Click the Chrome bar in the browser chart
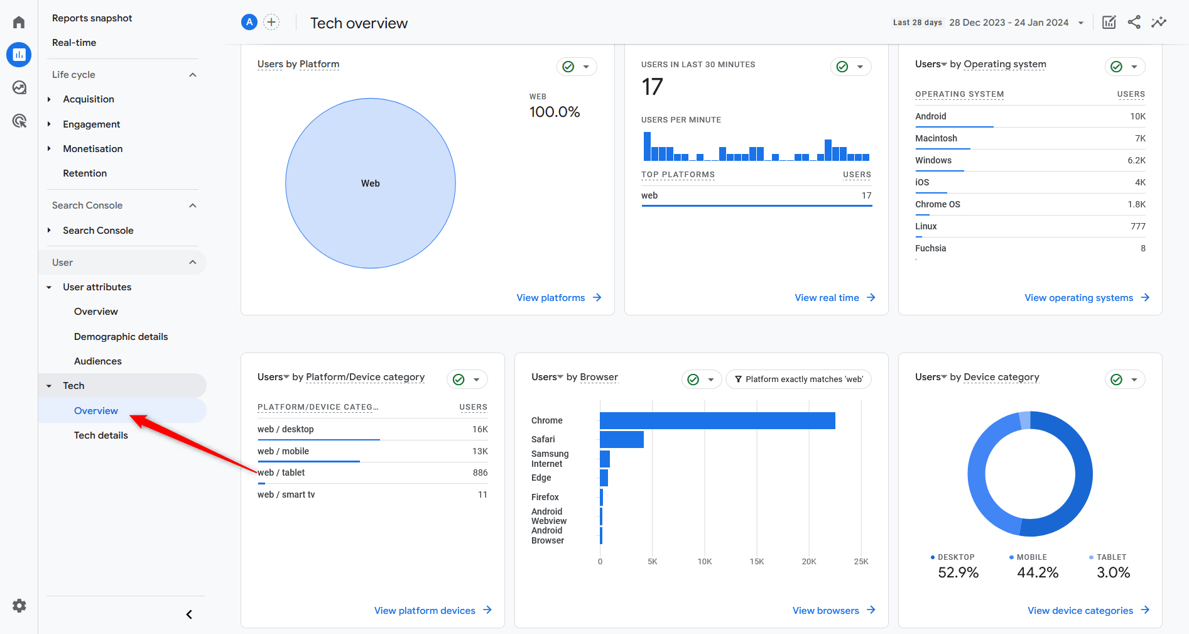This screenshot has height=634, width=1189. click(x=717, y=420)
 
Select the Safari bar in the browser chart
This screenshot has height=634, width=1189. click(x=621, y=439)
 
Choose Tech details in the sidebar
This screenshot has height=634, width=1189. click(x=101, y=435)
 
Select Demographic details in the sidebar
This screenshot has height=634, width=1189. click(x=121, y=337)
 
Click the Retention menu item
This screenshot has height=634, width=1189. click(x=85, y=173)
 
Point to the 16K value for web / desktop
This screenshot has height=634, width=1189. click(x=480, y=429)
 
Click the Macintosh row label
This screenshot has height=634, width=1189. click(x=936, y=138)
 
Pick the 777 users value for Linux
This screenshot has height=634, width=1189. click(x=1137, y=226)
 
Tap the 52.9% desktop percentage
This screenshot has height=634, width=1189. click(x=958, y=572)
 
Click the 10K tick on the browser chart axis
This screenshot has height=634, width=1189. click(x=705, y=562)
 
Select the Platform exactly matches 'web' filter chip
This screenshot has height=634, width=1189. click(x=798, y=380)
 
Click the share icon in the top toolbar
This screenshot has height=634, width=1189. click(x=1134, y=23)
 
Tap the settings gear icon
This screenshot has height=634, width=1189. click(x=19, y=606)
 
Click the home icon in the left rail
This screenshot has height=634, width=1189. click(x=19, y=23)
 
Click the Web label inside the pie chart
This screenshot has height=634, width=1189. click(x=371, y=183)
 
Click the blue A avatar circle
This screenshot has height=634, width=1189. click(x=249, y=23)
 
